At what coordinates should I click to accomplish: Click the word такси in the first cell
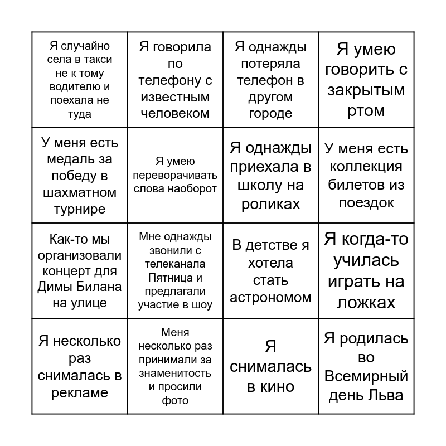click(x=100, y=60)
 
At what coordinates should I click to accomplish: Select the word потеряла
click(x=270, y=64)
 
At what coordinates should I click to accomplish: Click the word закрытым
click(x=366, y=90)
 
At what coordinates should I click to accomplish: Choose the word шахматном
click(x=80, y=193)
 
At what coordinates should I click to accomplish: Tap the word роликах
click(x=270, y=204)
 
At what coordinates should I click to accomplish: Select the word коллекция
click(x=366, y=167)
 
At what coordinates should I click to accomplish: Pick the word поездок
click(x=366, y=203)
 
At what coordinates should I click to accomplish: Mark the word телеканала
click(x=175, y=264)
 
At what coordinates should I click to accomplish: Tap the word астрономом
click(x=270, y=298)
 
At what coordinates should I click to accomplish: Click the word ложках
click(x=366, y=303)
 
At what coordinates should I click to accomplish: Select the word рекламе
click(x=80, y=393)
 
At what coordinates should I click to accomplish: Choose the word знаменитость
click(x=175, y=374)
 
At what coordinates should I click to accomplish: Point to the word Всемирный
click(x=366, y=376)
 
